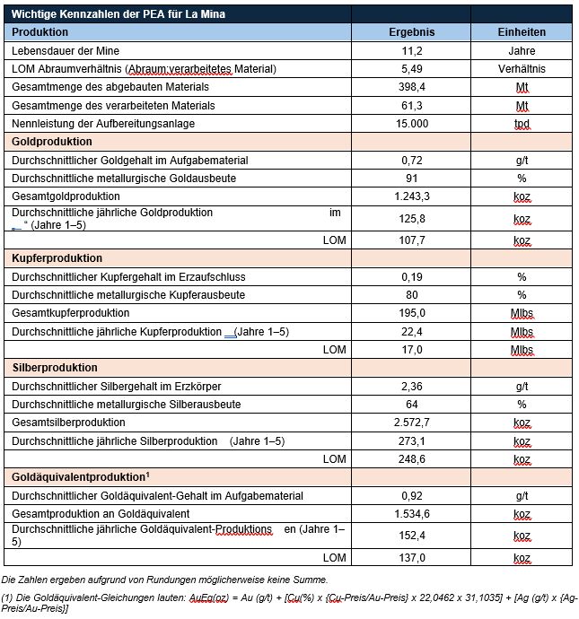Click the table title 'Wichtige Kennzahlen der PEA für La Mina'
point(118,14)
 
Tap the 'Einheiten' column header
point(522,32)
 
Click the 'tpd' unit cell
point(522,124)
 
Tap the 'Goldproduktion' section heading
point(51,142)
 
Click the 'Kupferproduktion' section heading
point(56,258)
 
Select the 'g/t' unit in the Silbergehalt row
point(522,387)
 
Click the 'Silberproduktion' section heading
point(54,368)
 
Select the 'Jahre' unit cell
point(522,51)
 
